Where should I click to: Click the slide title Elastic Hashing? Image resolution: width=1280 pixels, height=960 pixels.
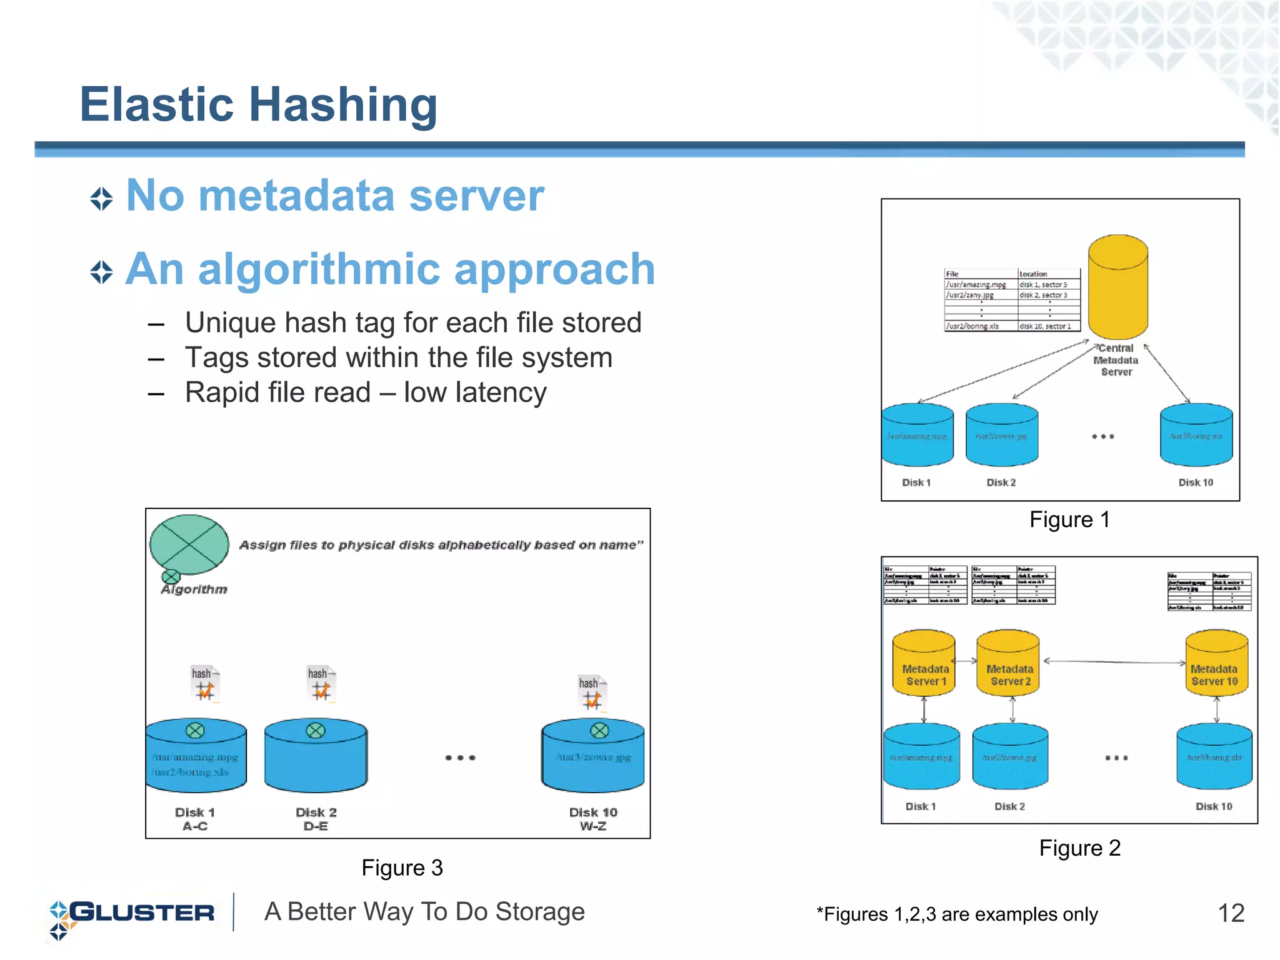(x=258, y=105)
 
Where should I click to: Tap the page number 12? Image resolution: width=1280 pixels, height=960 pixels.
(x=1231, y=913)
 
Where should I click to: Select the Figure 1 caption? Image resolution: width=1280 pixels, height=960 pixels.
(x=1069, y=520)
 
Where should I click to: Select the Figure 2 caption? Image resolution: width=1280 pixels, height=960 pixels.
(x=1079, y=848)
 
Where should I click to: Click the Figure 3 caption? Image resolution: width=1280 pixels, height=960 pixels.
(x=402, y=868)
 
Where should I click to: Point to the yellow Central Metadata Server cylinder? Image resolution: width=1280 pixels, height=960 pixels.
(x=1117, y=287)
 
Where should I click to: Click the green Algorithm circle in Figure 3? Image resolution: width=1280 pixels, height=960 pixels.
(x=189, y=545)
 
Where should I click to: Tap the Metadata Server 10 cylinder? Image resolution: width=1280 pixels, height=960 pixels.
(x=1216, y=663)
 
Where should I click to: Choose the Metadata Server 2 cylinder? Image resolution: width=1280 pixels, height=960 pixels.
(x=1007, y=663)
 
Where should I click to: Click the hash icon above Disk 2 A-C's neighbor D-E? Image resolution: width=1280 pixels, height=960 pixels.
(x=321, y=685)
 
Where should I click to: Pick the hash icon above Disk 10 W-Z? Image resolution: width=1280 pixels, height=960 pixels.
(x=592, y=693)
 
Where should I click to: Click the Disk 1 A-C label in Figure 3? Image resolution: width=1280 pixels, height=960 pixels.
(x=195, y=819)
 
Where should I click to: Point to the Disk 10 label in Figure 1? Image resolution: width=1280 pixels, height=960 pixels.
(x=1195, y=482)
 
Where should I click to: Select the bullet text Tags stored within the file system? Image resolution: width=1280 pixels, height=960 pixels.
(x=398, y=358)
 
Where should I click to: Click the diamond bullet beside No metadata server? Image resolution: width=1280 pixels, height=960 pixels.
(x=101, y=199)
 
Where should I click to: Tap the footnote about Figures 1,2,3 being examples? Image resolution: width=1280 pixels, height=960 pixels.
(x=956, y=914)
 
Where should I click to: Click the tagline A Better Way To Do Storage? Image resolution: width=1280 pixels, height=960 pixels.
(x=424, y=912)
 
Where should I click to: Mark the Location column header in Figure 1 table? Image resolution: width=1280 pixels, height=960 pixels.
(x=1033, y=274)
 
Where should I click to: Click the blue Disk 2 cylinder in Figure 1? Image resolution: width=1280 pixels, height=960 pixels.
(x=1001, y=435)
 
